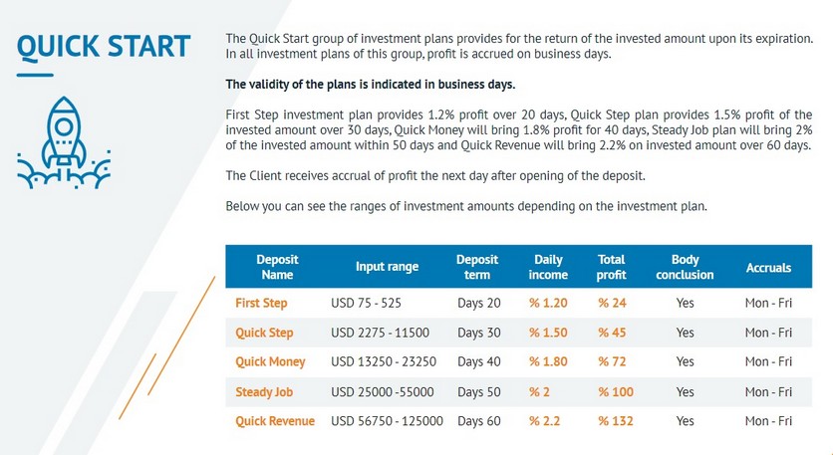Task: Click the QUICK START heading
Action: [104, 47]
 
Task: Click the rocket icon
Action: [64, 142]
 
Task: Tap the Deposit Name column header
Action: [277, 267]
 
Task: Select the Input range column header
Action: [387, 267]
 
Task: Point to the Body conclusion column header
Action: [685, 267]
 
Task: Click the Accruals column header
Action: [768, 268]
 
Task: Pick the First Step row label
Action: [261, 303]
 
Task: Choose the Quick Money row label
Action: [270, 362]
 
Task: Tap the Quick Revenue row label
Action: [275, 421]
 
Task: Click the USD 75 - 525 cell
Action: [366, 303]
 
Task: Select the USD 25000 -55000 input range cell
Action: [383, 392]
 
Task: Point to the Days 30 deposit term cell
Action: [479, 333]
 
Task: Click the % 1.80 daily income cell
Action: [548, 362]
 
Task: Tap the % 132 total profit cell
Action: [616, 421]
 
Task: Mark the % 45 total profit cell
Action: [612, 333]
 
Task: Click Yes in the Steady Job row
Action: [685, 392]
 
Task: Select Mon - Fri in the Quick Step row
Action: [768, 333]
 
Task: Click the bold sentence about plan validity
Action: [371, 85]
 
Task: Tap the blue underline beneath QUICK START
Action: [35, 75]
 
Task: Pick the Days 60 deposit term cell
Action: [479, 421]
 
